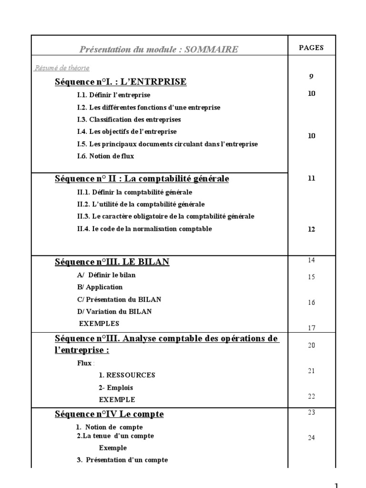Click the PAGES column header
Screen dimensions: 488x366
tap(311, 48)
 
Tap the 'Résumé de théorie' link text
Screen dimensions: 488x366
tap(62, 68)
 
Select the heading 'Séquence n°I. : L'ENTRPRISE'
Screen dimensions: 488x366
tap(121, 82)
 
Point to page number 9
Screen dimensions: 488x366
tap(311, 76)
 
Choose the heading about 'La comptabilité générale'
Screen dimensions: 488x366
tap(142, 179)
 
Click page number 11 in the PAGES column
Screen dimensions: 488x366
tap(311, 179)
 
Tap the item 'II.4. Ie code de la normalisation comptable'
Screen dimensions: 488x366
tap(144, 229)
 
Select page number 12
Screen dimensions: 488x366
tap(311, 229)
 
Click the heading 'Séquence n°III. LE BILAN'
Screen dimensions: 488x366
tap(112, 262)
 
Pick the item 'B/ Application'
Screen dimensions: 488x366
tap(100, 287)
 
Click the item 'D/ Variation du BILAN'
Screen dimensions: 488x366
tap(114, 311)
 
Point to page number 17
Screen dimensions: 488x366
tap(311, 328)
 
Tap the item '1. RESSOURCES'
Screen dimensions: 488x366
tap(127, 375)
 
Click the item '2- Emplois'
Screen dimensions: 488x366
tap(116, 387)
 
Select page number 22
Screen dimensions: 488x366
tap(311, 396)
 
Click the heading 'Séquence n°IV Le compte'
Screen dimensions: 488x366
tap(109, 415)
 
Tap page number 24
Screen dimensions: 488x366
tap(311, 438)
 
